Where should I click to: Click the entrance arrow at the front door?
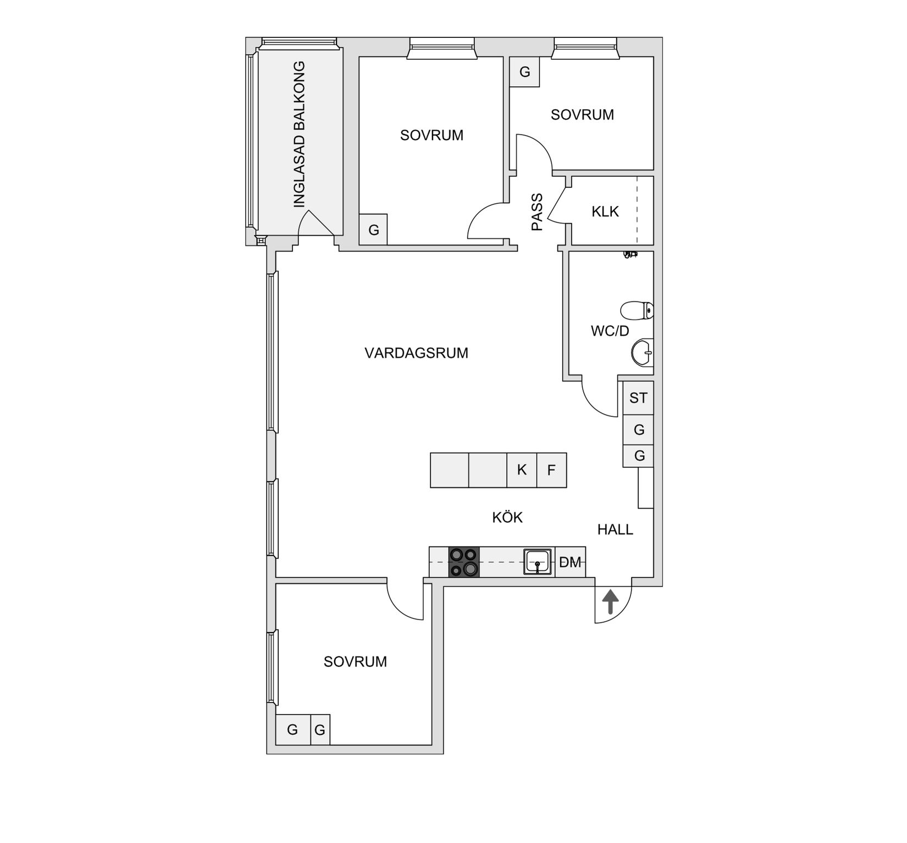click(610, 602)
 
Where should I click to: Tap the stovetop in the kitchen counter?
click(464, 562)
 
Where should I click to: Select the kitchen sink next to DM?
click(537, 562)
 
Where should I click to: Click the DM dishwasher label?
click(570, 562)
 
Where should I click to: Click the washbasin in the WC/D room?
click(642, 352)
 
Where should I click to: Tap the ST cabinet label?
click(638, 398)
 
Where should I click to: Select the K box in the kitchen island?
click(522, 470)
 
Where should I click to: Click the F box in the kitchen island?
click(551, 470)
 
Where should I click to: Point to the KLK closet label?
click(605, 211)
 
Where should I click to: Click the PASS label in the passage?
click(537, 212)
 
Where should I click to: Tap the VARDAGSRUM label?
click(416, 353)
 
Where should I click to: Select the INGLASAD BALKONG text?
click(299, 135)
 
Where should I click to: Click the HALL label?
click(615, 529)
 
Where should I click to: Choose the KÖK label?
click(507, 517)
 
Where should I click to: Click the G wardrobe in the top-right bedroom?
click(524, 72)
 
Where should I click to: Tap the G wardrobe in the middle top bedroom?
click(373, 230)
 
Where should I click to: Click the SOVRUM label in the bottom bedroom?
click(355, 662)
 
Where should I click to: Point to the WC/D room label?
click(610, 331)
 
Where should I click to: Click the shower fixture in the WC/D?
click(630, 254)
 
